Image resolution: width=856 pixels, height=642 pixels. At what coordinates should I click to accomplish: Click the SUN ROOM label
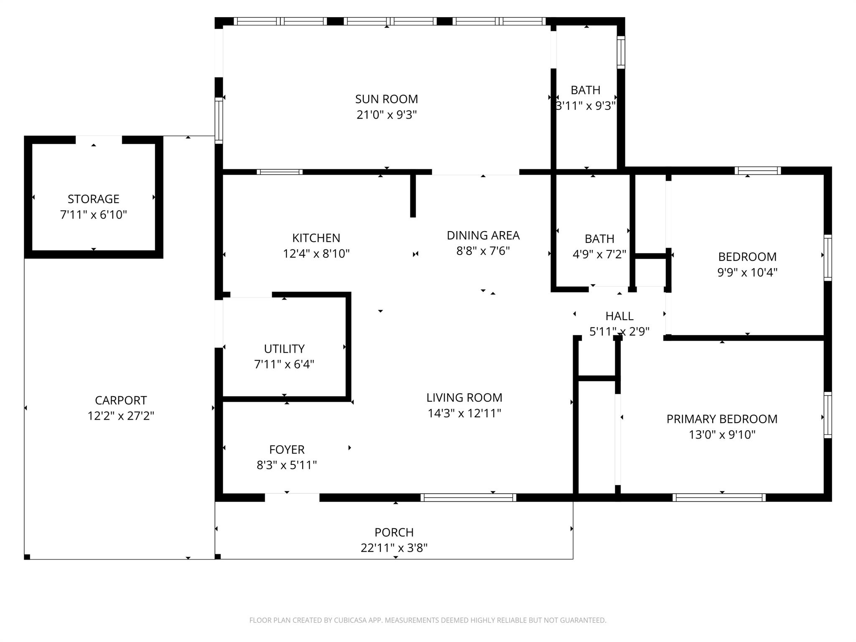(386, 99)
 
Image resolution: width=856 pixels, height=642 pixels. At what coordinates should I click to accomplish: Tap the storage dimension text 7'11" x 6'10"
(93, 215)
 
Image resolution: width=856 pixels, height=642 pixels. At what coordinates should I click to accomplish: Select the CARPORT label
(121, 400)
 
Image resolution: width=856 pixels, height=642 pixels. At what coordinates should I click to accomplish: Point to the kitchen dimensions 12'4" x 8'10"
(316, 254)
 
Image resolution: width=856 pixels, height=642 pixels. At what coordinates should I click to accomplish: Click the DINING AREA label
(483, 235)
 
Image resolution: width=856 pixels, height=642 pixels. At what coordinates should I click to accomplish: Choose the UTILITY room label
(284, 349)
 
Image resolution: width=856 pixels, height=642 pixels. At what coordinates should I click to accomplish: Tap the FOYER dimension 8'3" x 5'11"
(287, 465)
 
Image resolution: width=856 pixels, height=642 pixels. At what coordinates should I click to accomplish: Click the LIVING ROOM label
(464, 397)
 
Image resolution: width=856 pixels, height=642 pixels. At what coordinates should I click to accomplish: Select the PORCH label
(394, 532)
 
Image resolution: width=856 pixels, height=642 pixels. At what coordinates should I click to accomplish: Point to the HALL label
(619, 316)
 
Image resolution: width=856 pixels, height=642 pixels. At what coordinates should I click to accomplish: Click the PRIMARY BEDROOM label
(722, 419)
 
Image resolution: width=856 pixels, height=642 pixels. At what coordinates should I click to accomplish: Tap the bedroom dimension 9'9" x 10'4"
(747, 273)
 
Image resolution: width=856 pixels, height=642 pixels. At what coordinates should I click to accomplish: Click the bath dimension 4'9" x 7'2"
(599, 254)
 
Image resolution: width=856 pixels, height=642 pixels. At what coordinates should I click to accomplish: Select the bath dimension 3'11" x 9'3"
(586, 106)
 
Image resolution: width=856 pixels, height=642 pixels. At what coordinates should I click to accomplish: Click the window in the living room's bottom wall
(468, 497)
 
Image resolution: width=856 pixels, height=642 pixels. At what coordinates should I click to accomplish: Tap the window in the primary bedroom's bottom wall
(719, 497)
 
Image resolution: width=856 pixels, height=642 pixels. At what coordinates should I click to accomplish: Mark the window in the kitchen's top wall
(279, 172)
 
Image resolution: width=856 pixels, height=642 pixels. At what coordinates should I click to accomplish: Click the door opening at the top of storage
(99, 140)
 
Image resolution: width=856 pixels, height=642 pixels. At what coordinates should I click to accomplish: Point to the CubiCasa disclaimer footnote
(428, 620)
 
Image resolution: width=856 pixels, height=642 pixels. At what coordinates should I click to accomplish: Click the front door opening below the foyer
(292, 497)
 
